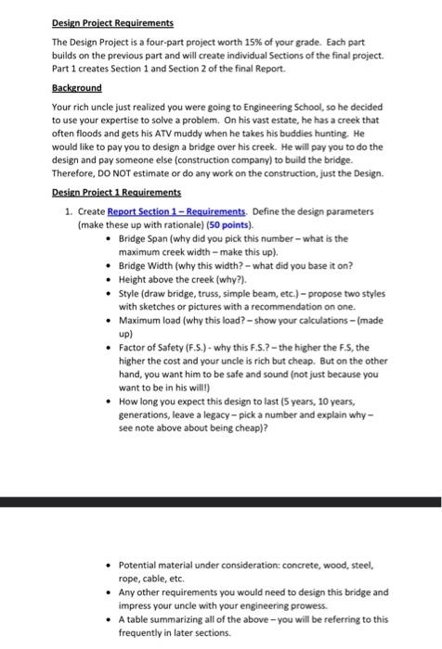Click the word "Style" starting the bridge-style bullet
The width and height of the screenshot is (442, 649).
click(129, 301)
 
